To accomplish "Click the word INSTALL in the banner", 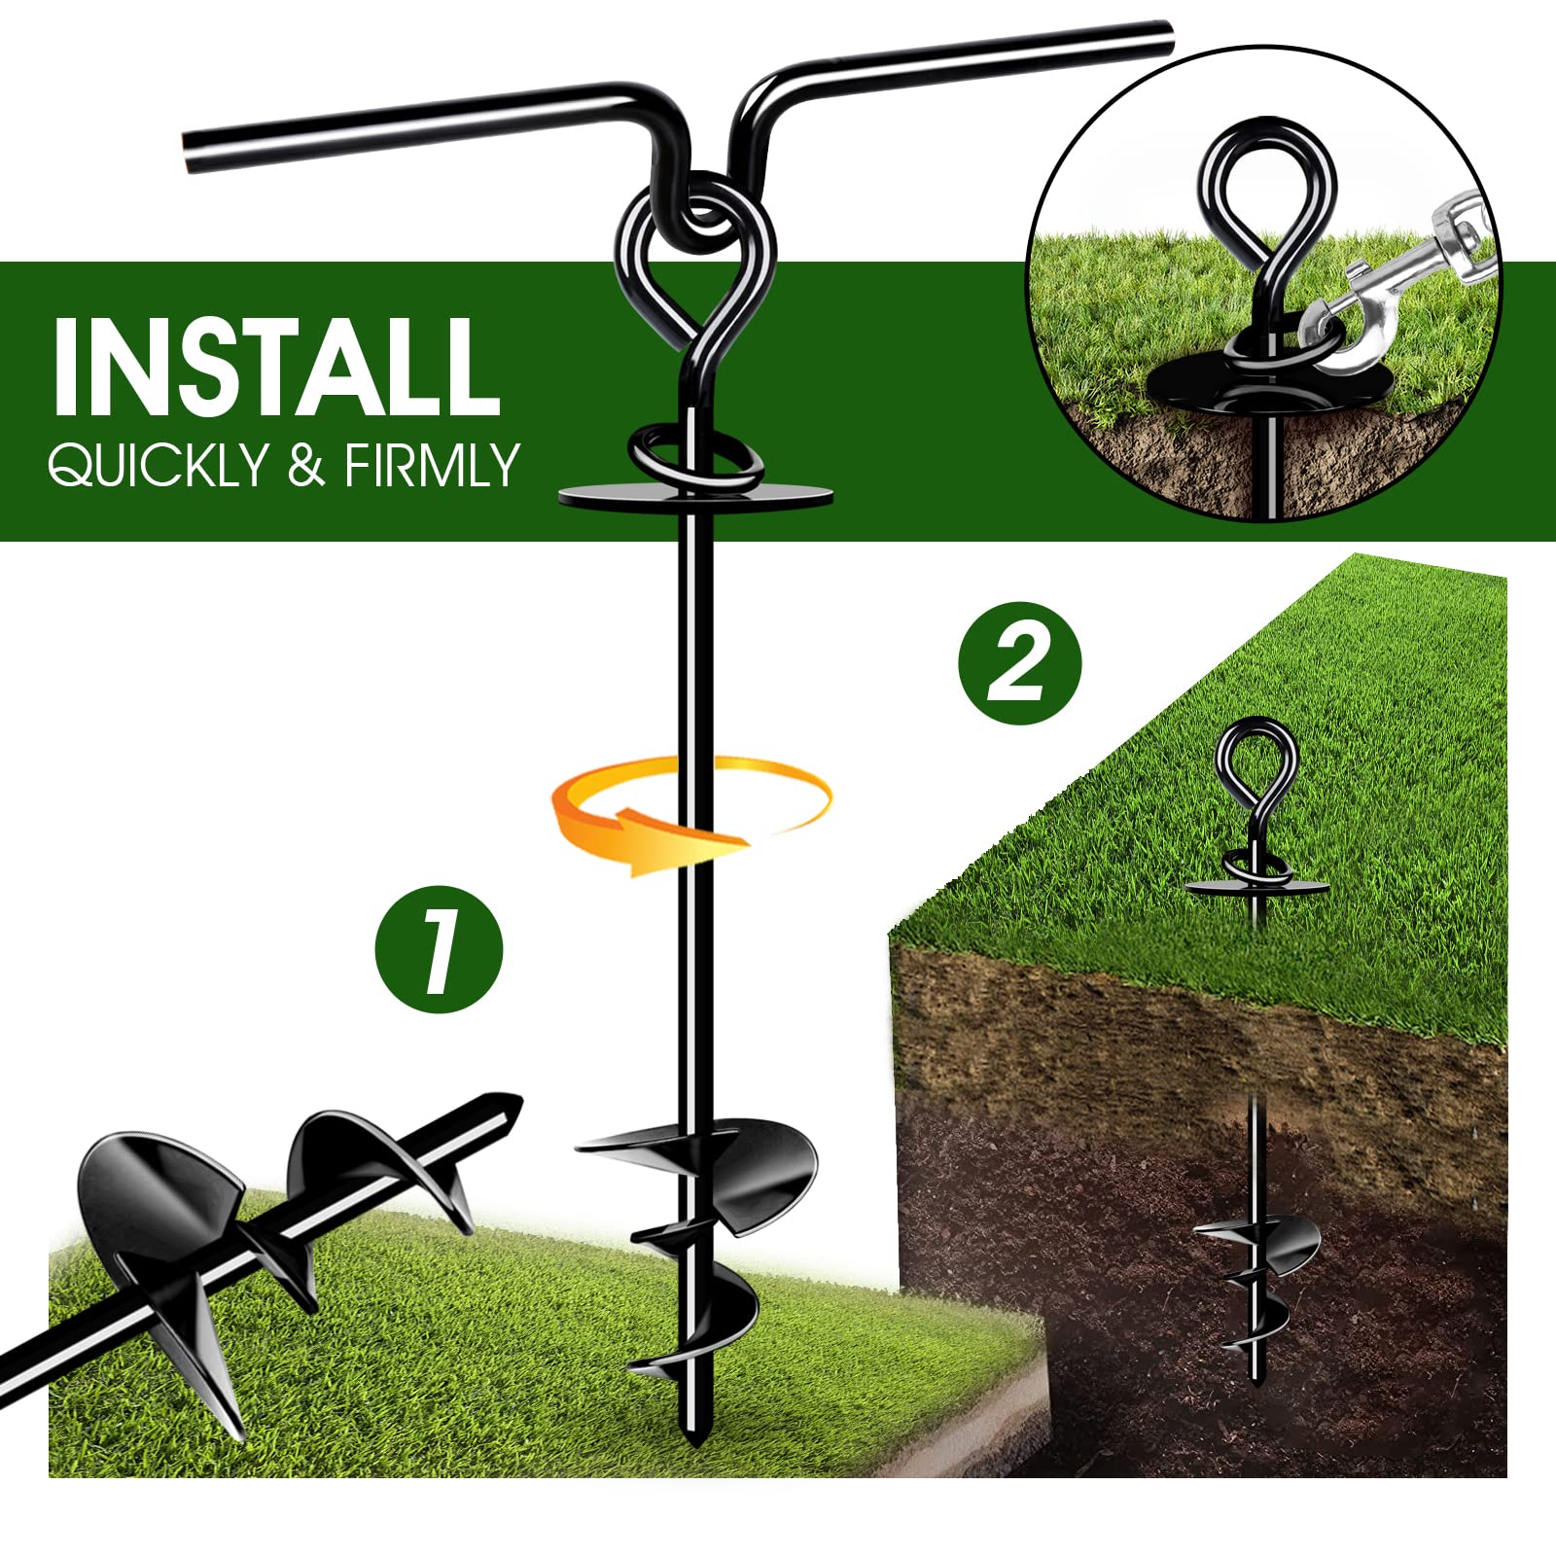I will (x=276, y=367).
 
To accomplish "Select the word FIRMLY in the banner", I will (x=431, y=465).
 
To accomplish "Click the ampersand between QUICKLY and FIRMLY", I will (x=305, y=465).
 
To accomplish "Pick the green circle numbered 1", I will (x=439, y=949).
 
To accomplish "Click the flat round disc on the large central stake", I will (x=759, y=496).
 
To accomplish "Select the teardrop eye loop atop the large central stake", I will (x=696, y=263).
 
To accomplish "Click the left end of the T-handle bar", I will (x=194, y=151).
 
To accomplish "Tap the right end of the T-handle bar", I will (x=1162, y=37).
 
